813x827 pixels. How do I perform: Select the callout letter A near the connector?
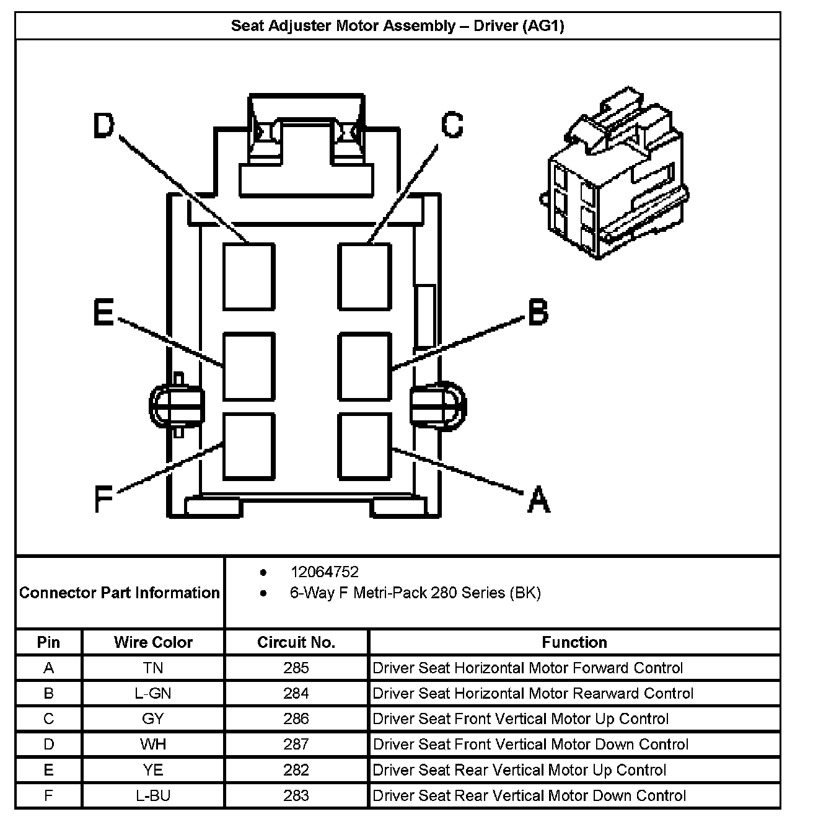tap(538, 499)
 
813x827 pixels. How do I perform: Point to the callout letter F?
tap(103, 499)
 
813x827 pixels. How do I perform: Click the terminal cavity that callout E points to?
tap(248, 366)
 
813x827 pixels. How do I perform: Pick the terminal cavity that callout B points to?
tap(365, 366)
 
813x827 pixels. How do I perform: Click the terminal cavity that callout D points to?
tap(248, 276)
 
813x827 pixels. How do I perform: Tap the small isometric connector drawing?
tap(616, 177)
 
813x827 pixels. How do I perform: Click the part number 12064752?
tap(324, 572)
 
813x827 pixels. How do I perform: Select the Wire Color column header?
tap(153, 642)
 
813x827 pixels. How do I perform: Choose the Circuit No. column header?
tap(296, 642)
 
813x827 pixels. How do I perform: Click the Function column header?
tap(574, 642)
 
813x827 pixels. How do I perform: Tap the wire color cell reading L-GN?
tap(153, 693)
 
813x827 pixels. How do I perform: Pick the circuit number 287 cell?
tap(296, 744)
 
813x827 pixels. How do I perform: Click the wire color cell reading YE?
tap(153, 770)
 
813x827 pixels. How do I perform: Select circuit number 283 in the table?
tap(296, 795)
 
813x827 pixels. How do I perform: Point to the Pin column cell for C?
tap(49, 719)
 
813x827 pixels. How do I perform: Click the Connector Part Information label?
tap(120, 593)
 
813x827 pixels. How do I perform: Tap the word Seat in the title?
tap(247, 26)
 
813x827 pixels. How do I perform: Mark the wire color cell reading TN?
tap(153, 668)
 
